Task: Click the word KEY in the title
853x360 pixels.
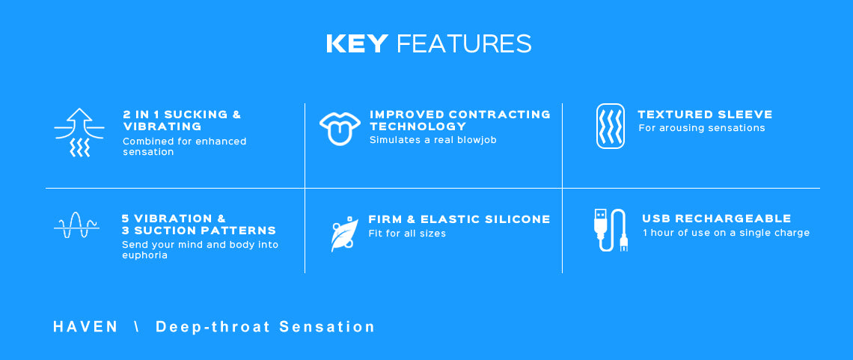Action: point(357,43)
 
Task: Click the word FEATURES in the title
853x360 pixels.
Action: point(464,43)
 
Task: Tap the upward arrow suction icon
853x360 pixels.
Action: point(79,132)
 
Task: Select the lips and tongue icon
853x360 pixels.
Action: point(340,128)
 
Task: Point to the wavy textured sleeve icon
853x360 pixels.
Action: point(611,126)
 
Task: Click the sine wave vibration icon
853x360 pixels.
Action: point(77,225)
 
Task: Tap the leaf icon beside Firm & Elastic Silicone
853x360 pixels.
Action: point(344,234)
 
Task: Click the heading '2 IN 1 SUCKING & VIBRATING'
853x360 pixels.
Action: point(182,120)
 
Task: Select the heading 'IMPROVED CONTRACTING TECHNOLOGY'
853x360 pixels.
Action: point(459,120)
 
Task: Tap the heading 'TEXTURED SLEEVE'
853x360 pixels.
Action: point(705,115)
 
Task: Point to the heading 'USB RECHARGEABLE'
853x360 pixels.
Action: point(717,219)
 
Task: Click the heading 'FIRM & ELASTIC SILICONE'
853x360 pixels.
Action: point(459,219)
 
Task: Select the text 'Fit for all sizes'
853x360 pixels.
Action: point(407,234)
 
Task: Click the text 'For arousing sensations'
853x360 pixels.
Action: point(702,128)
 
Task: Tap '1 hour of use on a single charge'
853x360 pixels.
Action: point(727,233)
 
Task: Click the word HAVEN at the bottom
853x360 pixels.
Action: point(85,327)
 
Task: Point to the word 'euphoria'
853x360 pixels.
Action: point(144,255)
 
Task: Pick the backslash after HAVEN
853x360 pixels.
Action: point(136,327)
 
